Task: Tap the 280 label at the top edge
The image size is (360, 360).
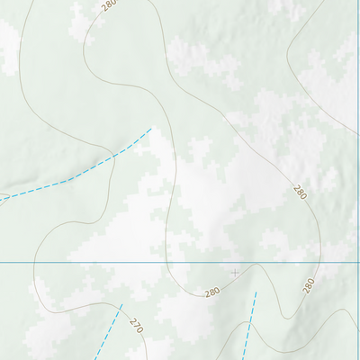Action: click(110, 5)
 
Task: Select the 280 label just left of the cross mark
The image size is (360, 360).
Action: click(212, 292)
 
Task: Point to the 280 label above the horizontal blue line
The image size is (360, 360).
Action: click(300, 192)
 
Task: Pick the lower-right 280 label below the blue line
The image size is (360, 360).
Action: click(309, 285)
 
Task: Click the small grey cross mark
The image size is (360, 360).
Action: click(235, 273)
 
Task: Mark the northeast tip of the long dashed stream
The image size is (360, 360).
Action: click(151, 129)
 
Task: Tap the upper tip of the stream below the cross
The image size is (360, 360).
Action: click(256, 292)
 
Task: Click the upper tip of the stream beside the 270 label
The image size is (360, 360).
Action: click(121, 307)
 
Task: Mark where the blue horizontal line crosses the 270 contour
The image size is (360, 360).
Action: click(34, 262)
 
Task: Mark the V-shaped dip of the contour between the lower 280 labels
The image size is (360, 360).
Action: click(286, 317)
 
